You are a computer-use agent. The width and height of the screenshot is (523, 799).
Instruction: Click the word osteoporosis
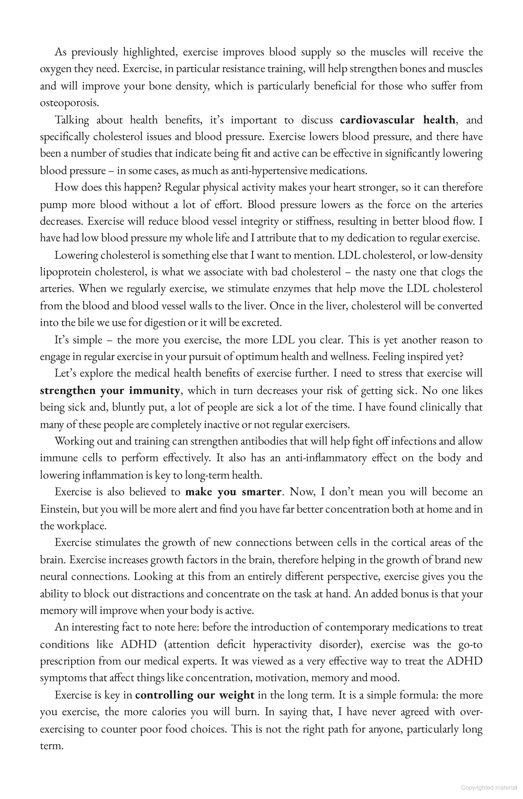point(69,103)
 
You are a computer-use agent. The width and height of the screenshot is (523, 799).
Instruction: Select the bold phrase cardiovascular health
point(397,120)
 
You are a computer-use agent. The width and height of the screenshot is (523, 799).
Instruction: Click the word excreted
point(261,322)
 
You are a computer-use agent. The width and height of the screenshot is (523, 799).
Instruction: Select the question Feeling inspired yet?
point(418,356)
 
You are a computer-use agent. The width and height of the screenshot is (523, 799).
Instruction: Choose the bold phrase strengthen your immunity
point(110,390)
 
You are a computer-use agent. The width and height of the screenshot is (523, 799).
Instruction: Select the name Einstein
point(59,509)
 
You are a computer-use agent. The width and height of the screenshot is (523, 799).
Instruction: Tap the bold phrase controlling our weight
point(195,695)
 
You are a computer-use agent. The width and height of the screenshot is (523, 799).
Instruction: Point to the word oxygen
point(56,69)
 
